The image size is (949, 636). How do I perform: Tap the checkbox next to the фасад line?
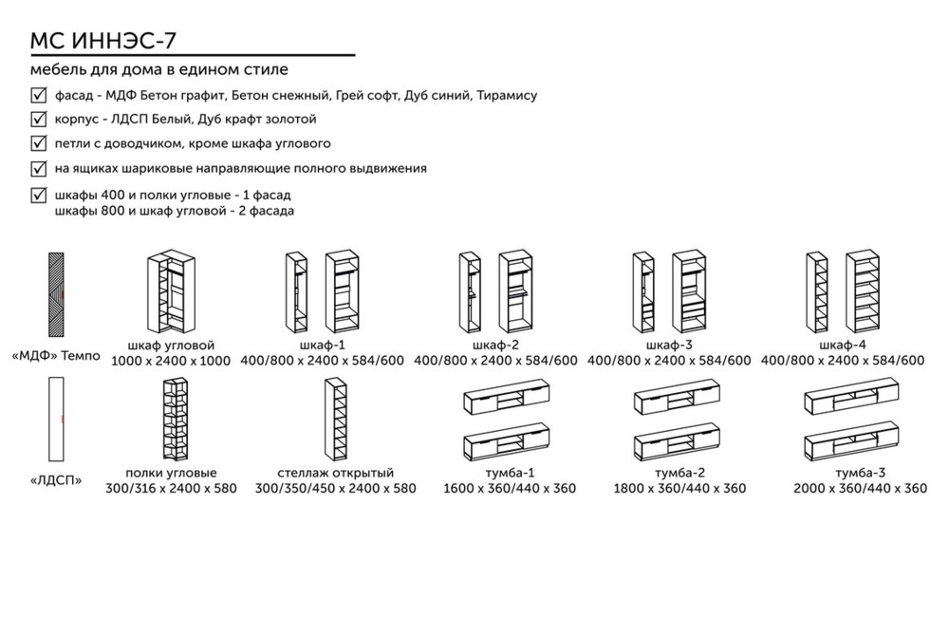coord(39,95)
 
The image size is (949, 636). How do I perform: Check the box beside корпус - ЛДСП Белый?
coord(39,120)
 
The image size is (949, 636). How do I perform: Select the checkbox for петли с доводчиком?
coord(39,144)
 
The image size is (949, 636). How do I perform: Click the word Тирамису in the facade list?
coord(507,95)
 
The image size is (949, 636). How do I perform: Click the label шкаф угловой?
coord(171,345)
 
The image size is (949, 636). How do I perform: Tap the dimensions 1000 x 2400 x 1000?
coord(171,361)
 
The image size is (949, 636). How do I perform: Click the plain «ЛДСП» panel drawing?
coord(57,418)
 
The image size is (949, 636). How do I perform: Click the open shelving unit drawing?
coord(335,418)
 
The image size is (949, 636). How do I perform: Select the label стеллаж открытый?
coord(336,473)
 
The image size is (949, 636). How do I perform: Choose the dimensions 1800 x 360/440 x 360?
coord(680,489)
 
